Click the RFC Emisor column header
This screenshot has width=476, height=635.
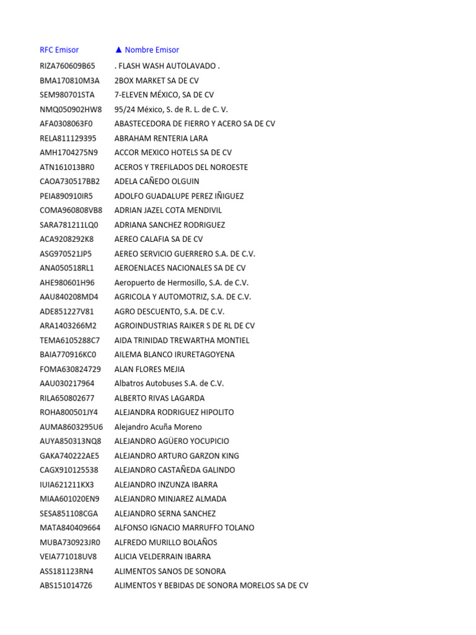[x=59, y=50]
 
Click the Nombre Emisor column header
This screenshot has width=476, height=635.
[x=152, y=50]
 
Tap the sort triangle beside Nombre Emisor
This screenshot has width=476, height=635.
[x=118, y=50]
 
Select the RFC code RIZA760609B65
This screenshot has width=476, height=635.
[x=68, y=66]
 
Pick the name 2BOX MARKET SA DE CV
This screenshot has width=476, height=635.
[x=157, y=81]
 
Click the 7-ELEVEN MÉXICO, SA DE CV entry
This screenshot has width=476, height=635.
[x=164, y=95]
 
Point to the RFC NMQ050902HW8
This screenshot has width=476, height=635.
[x=71, y=109]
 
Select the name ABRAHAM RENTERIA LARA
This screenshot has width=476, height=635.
[x=161, y=138]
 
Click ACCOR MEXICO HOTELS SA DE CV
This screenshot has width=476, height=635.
[x=173, y=153]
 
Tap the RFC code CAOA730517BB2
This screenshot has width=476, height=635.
[x=69, y=182]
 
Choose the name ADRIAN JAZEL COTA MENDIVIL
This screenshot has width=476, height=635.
[x=168, y=210]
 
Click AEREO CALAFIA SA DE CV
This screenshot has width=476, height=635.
[x=159, y=239]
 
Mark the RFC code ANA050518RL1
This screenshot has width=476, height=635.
[x=66, y=268]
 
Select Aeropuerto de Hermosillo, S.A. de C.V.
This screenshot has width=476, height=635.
[x=180, y=282]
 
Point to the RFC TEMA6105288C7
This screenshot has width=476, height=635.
[x=69, y=340]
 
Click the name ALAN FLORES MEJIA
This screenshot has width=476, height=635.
[x=149, y=369]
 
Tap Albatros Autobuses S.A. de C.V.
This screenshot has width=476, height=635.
[x=169, y=383]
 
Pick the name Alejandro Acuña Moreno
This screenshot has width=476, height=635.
[x=158, y=427]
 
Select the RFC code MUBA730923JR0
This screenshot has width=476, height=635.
[x=69, y=542]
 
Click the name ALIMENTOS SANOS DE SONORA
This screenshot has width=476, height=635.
[x=170, y=571]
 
